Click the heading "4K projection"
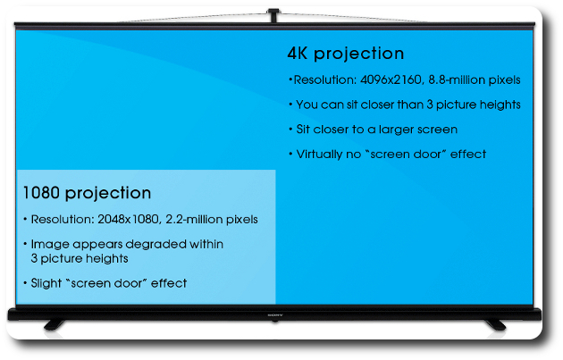click(346, 54)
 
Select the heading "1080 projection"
click(87, 193)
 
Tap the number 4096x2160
click(391, 80)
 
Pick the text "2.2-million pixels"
click(212, 219)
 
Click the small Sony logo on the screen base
click(275, 315)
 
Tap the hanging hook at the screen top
click(273, 15)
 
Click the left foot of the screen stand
click(55, 325)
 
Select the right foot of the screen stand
click(495, 325)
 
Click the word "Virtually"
click(319, 155)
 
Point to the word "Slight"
click(46, 283)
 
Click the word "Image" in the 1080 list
click(49, 245)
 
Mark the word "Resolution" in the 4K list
click(324, 80)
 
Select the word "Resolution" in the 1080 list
click(62, 219)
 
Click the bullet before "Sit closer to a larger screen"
click(290, 129)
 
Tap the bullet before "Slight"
click(25, 283)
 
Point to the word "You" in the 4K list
click(307, 105)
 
